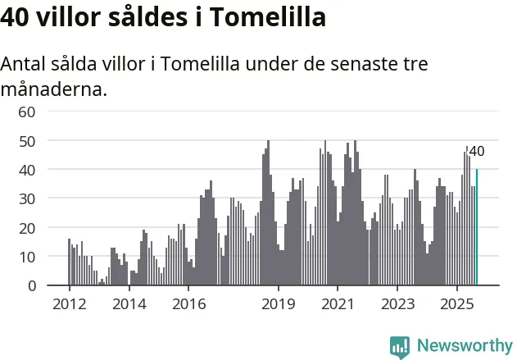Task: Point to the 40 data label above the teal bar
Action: (476, 151)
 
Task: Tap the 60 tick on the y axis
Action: (27, 112)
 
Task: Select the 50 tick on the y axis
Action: (27, 140)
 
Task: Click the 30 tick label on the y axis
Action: (27, 198)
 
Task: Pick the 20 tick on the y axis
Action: (27, 227)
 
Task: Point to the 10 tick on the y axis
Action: (27, 257)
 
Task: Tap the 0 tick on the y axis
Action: (31, 285)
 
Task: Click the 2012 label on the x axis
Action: (69, 303)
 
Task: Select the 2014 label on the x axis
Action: (129, 303)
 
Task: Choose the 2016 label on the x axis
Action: (188, 303)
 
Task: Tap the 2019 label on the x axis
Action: (279, 303)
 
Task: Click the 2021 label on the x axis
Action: (338, 303)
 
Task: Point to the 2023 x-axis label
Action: (398, 303)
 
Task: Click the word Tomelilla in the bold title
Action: (267, 17)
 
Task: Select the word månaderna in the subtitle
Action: (53, 89)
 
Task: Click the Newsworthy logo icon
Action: (400, 345)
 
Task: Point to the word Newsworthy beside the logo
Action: (465, 345)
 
